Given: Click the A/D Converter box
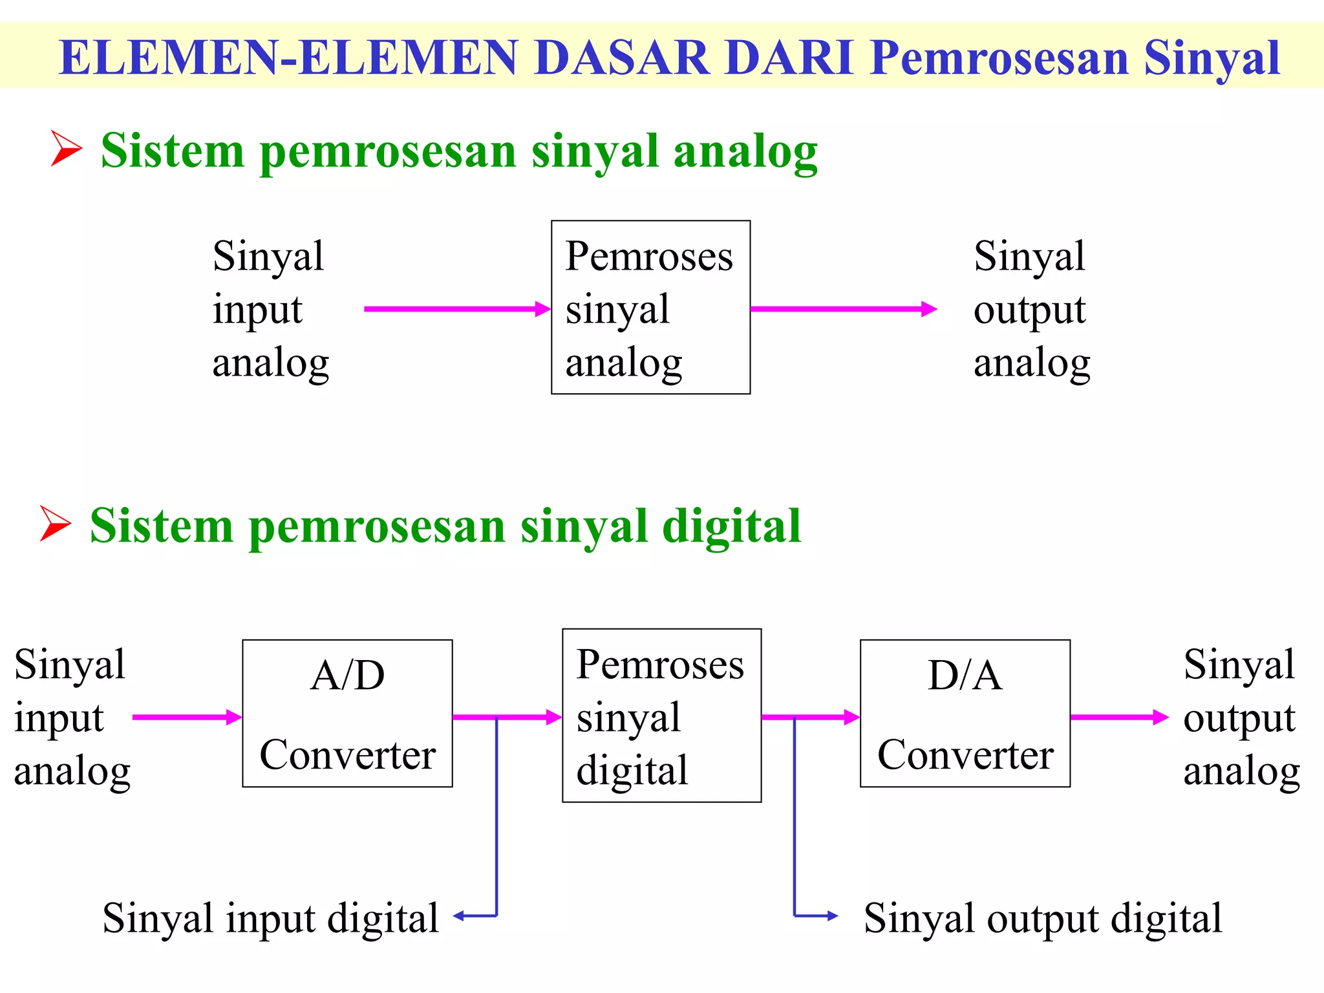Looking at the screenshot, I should (347, 713).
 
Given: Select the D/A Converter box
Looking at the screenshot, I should (965, 713).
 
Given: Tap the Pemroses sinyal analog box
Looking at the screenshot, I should (650, 307).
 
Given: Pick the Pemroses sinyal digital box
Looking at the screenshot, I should (661, 715).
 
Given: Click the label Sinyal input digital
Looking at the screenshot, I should (270, 918).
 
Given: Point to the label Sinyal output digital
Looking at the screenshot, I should (1043, 918).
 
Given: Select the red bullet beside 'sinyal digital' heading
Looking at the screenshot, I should (55, 523).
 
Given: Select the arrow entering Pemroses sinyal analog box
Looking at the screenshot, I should (456, 309).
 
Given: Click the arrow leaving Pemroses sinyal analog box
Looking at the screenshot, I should (843, 309).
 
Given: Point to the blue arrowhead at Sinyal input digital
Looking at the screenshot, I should (459, 915).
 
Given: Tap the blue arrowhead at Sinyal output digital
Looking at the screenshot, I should (833, 915).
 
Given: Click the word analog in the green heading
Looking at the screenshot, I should (745, 152).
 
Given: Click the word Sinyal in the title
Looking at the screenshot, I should (1212, 58).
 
